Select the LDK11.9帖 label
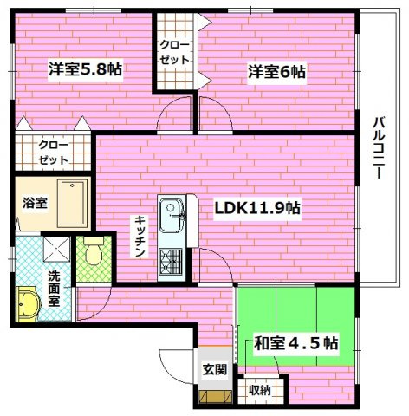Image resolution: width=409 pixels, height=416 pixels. pyautogui.click(x=258, y=208)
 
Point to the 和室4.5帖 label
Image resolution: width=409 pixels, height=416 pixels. pyautogui.click(x=295, y=341)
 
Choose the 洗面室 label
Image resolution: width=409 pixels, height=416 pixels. pyautogui.click(x=54, y=289)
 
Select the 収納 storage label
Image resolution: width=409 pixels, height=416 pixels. pyautogui.click(x=259, y=391)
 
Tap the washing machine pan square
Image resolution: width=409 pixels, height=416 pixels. pyautogui.click(x=57, y=250)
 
